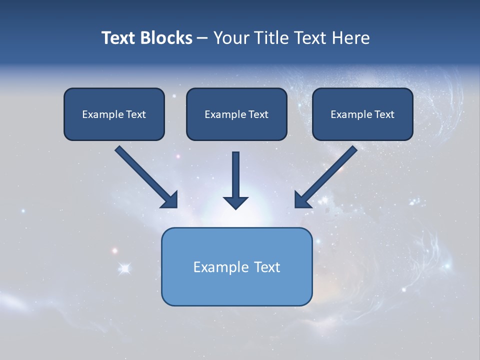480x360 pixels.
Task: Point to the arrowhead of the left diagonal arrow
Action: [x=170, y=200]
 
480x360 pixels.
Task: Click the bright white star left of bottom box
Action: [x=125, y=269]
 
